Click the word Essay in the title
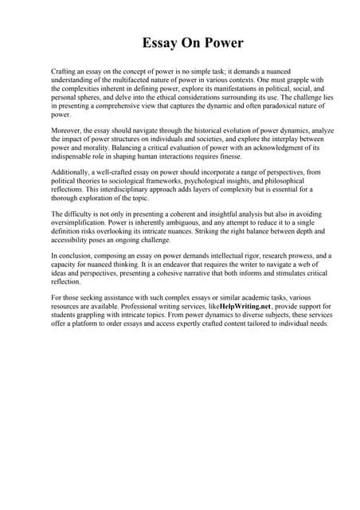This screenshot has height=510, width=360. tap(160, 42)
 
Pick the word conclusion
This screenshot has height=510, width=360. tap(75, 257)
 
